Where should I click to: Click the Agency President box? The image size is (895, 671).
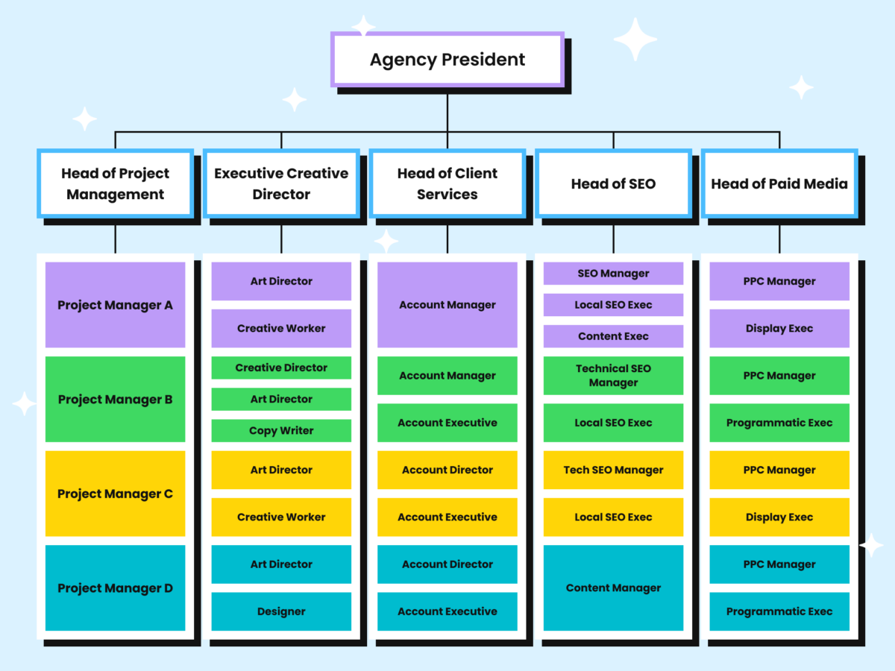pyautogui.click(x=447, y=60)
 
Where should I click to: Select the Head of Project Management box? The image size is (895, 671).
pyautogui.click(x=115, y=183)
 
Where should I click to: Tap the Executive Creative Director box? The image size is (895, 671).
pyautogui.click(x=281, y=183)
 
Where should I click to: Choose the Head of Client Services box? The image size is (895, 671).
pyautogui.click(x=447, y=183)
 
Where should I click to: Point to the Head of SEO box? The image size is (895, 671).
pyautogui.click(x=613, y=183)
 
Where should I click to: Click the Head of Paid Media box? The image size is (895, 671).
pyautogui.click(x=779, y=183)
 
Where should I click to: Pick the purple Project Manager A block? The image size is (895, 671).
pyautogui.click(x=115, y=305)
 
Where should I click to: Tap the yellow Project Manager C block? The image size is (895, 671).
pyautogui.click(x=115, y=494)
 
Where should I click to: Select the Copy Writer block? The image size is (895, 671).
pyautogui.click(x=281, y=431)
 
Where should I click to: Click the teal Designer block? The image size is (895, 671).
pyautogui.click(x=281, y=611)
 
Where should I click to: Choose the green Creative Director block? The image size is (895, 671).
pyautogui.click(x=281, y=368)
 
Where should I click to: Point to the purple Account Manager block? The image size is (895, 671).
pyautogui.click(x=447, y=305)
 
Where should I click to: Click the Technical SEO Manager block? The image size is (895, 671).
pyautogui.click(x=613, y=376)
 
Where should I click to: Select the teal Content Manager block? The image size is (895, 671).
pyautogui.click(x=613, y=588)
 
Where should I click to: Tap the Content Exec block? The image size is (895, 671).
pyautogui.click(x=613, y=336)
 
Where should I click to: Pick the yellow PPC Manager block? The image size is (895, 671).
pyautogui.click(x=779, y=470)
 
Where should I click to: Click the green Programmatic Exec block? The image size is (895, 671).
pyautogui.click(x=779, y=423)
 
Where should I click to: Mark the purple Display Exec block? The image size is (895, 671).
pyautogui.click(x=779, y=329)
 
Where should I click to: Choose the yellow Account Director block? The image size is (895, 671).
pyautogui.click(x=447, y=470)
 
